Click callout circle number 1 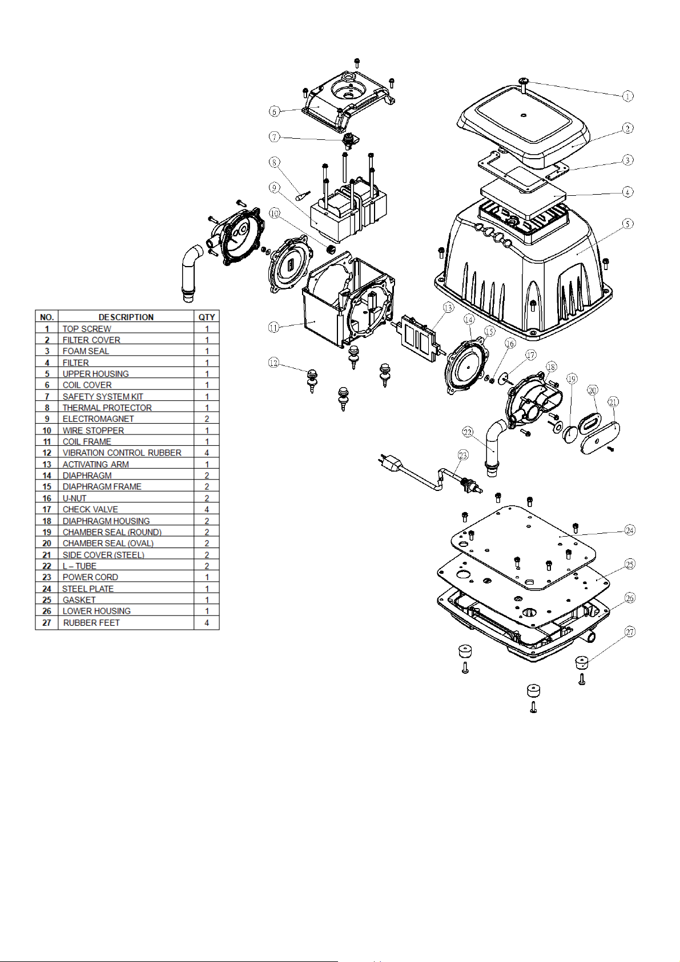pos(627,96)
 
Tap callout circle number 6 pos(275,112)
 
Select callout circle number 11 pos(273,328)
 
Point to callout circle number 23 pos(463,455)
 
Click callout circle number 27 pos(630,632)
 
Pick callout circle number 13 pos(448,308)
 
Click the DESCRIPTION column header pos(126,317)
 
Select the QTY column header pos(207,317)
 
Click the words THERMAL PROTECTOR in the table pos(107,408)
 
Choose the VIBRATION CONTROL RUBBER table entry pos(122,453)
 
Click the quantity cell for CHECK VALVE pos(207,509)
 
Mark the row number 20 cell pos(47,544)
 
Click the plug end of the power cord pos(391,462)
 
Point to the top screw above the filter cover pos(523,83)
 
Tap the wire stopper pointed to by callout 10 pos(331,249)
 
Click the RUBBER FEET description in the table pos(91,623)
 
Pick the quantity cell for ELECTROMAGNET pos(207,418)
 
